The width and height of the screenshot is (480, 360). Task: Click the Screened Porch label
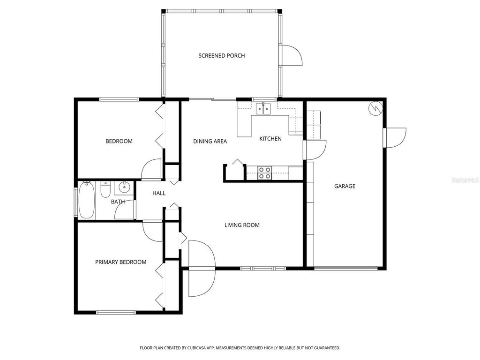(x=221, y=56)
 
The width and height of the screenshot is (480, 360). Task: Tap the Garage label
(x=345, y=186)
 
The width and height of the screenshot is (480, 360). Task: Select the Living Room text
(x=242, y=225)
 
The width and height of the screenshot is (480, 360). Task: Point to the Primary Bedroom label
(x=121, y=262)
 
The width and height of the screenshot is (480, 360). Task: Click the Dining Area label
(x=210, y=141)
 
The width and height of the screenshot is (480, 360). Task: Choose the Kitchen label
(x=270, y=139)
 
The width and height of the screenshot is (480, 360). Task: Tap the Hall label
(x=159, y=193)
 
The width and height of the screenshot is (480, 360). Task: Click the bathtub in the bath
(x=87, y=201)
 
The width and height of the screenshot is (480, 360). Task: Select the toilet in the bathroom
(x=105, y=190)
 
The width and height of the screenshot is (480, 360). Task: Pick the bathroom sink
(x=124, y=188)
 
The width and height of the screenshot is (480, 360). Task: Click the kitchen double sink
(x=263, y=109)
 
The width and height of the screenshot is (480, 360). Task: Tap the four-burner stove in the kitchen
(x=264, y=173)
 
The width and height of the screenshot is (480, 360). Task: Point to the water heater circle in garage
(x=376, y=108)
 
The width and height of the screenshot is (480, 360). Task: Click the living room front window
(x=263, y=268)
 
